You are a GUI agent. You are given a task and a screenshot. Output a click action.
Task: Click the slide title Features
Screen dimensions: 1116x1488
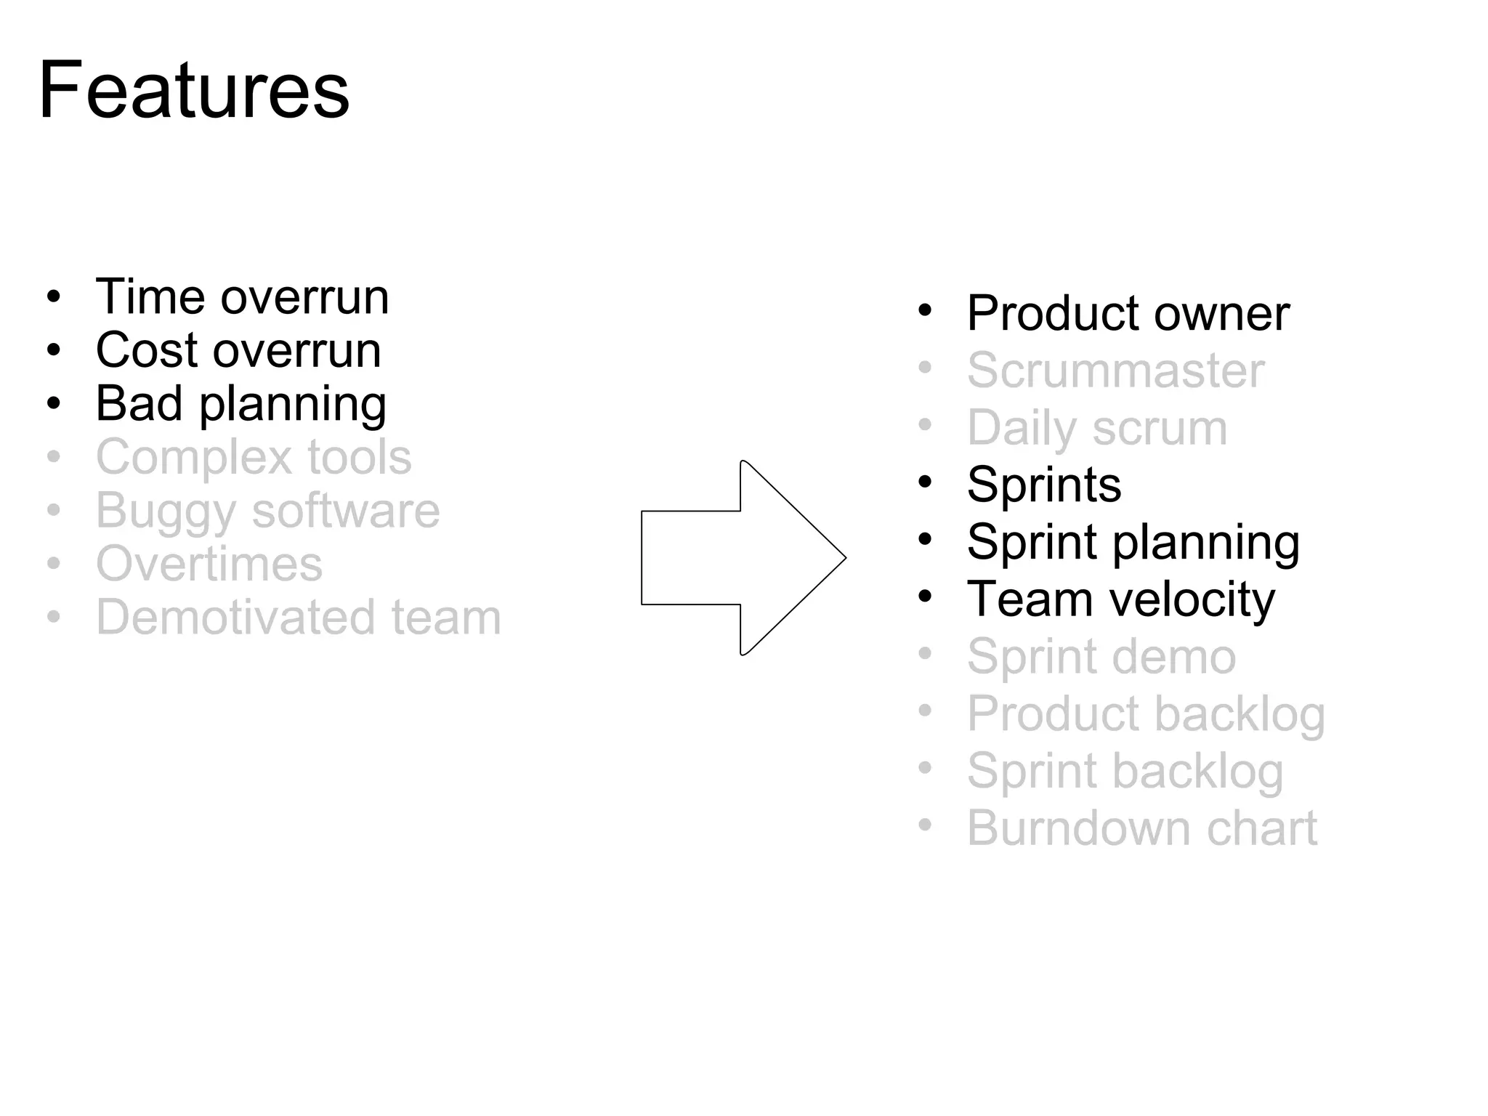pos(194,92)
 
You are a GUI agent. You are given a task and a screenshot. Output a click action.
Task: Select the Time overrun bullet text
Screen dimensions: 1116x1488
pos(242,297)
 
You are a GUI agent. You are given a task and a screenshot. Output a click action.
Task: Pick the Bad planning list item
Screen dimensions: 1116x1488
pos(240,404)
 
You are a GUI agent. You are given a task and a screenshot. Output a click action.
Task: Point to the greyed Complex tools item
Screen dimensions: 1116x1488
pos(254,458)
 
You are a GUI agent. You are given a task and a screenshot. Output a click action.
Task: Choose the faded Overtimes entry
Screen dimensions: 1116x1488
pos(209,565)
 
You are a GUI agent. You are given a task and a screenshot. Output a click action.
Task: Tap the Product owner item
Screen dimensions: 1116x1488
pos(1128,314)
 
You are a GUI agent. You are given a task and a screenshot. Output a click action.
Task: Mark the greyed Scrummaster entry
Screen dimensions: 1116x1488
pos(1115,371)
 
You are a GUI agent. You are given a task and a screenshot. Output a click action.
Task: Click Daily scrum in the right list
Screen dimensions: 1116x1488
pos(1097,428)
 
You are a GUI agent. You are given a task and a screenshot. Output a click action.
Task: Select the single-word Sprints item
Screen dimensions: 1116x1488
pos(1044,485)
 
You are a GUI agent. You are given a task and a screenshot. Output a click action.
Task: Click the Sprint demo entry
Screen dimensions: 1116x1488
pos(1101,657)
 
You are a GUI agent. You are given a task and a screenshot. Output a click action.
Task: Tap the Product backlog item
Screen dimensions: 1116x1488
pos(1146,714)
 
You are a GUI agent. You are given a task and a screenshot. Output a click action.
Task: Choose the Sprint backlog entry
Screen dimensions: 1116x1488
pos(1125,771)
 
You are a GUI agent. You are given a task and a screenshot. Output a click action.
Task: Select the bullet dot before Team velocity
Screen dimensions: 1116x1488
pos(925,597)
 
